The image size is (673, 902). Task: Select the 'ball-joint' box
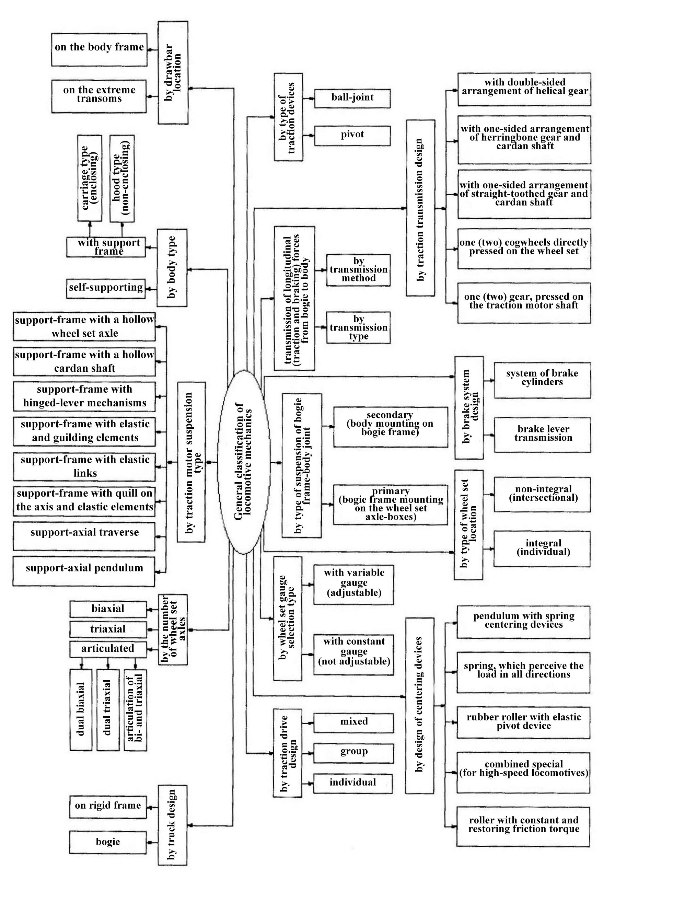point(352,98)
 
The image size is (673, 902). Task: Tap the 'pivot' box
point(352,136)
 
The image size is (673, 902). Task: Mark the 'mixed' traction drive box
point(353,722)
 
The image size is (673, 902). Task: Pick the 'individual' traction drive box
point(352,783)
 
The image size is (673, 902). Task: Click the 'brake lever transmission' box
point(542,434)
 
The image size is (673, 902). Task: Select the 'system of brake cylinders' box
point(542,380)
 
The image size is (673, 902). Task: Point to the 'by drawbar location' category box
point(173,72)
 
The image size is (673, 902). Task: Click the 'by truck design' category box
point(172,825)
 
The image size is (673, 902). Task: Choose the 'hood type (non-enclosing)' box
point(122,178)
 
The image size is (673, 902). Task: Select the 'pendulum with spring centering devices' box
point(523,622)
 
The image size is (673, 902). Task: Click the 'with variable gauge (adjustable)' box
point(353,584)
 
